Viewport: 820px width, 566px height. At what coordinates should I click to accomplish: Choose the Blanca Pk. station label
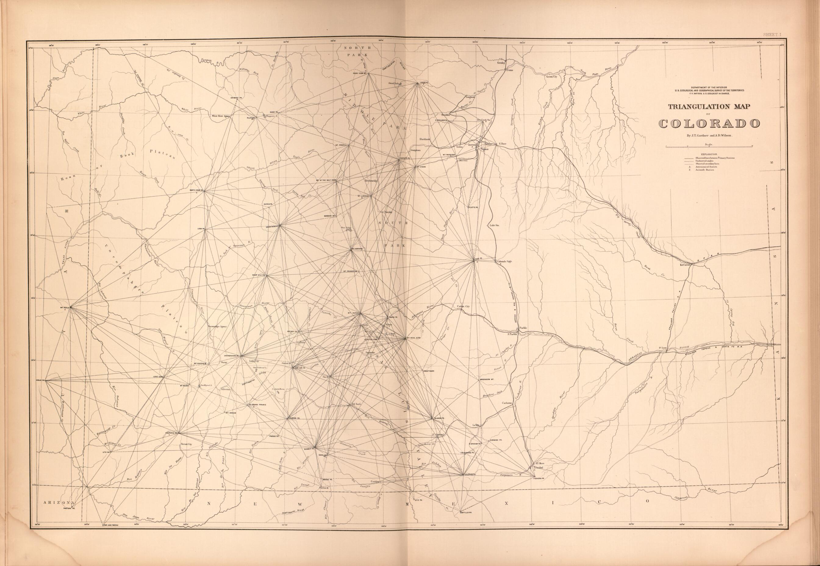tap(439, 419)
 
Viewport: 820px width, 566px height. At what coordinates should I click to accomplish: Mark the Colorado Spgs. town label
tap(504, 261)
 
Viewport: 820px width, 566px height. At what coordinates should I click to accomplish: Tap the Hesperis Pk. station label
tap(172, 433)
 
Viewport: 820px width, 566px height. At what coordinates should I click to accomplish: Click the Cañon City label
tap(463, 306)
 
